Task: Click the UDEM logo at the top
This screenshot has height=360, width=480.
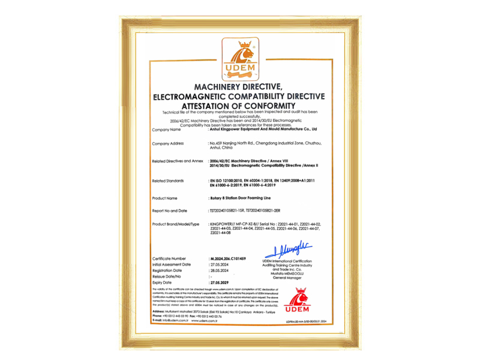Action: coord(240,58)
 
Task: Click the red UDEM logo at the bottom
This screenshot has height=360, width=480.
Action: coord(297,300)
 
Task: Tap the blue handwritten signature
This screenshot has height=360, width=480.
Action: coord(288,249)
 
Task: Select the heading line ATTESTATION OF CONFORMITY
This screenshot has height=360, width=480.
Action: coord(239,106)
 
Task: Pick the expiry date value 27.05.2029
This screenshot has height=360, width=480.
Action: coord(221,281)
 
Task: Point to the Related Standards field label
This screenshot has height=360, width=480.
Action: coord(169,181)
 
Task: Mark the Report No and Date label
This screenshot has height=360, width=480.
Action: coord(170,211)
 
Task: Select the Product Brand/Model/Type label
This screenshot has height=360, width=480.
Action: coord(175,224)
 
